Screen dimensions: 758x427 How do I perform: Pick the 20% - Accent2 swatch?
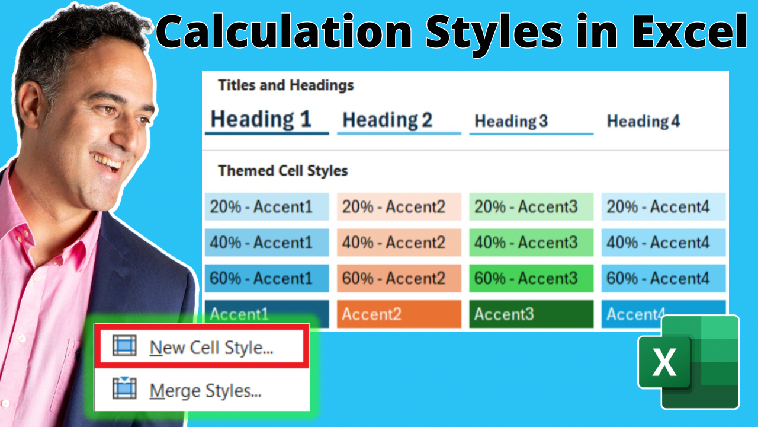(399, 207)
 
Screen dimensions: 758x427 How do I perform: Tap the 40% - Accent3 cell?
(531, 243)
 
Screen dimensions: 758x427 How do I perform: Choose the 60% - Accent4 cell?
(664, 278)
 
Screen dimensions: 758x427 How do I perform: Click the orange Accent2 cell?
(399, 314)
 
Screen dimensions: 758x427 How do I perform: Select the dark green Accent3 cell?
(531, 314)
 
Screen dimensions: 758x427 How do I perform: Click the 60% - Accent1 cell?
(266, 278)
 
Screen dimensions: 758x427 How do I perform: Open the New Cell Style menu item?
(202, 347)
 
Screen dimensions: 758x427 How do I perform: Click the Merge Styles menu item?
(202, 390)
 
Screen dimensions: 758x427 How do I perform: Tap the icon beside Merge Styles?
(124, 388)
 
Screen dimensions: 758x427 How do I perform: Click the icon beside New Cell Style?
(124, 346)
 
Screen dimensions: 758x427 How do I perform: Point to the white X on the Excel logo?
(664, 363)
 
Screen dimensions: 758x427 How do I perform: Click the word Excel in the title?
(689, 31)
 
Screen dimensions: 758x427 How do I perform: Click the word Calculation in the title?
(284, 31)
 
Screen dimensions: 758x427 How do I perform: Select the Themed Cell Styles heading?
(283, 170)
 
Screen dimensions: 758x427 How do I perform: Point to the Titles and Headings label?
(286, 85)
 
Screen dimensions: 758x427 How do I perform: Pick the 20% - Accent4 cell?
(664, 207)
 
